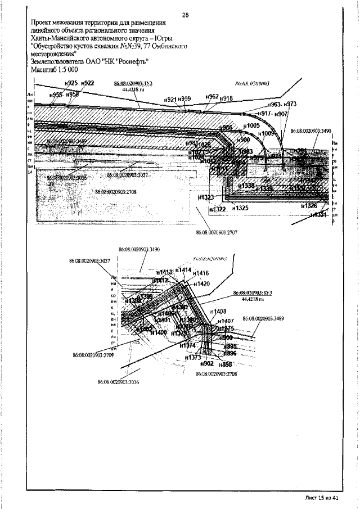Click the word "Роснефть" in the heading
pos(130,62)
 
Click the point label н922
pos(88,83)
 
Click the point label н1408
pos(218,311)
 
